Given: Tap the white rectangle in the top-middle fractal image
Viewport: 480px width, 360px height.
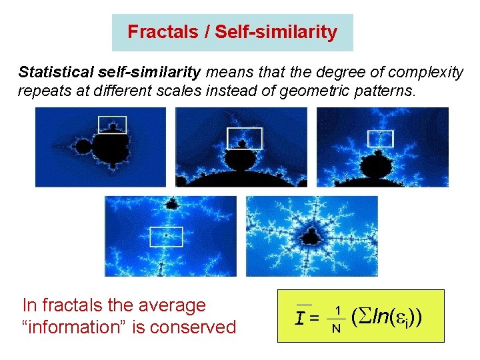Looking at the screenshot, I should coord(245,138).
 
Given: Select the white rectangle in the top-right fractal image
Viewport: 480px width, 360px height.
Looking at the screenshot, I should coord(381,138).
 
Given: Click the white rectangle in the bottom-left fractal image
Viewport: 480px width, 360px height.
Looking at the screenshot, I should coord(166,237).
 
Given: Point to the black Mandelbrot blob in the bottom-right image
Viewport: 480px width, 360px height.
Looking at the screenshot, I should coord(311,235).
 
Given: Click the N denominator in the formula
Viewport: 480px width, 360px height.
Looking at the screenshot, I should coord(337,328).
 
